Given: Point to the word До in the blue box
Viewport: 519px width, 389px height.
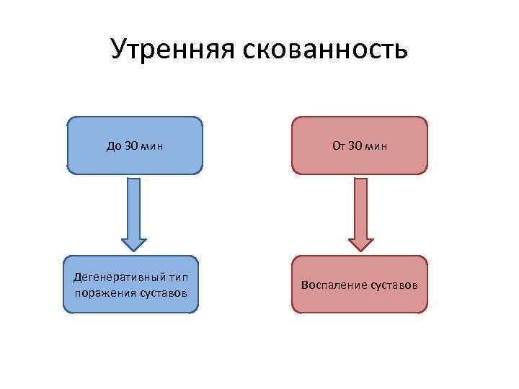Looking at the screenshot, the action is click(x=112, y=146).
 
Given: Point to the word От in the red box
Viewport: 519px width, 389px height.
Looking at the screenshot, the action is click(x=338, y=146).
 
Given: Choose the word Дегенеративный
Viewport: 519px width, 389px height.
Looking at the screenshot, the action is click(x=117, y=277).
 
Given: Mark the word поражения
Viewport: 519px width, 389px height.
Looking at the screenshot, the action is click(x=105, y=292).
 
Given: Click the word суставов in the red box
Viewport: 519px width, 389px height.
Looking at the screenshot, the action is click(x=393, y=285).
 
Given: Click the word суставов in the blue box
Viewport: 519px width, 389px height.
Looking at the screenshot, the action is click(x=163, y=292).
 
